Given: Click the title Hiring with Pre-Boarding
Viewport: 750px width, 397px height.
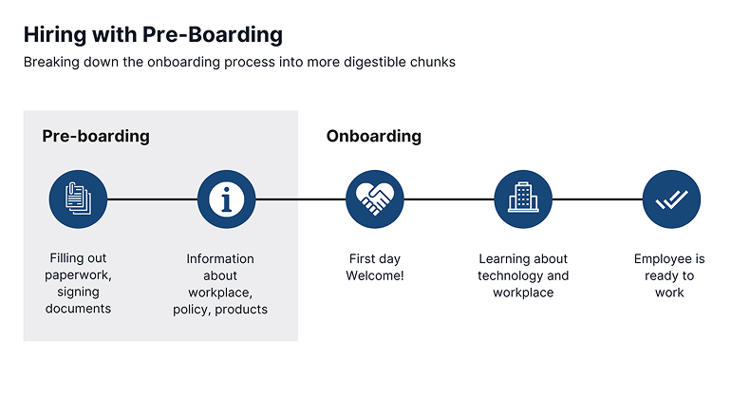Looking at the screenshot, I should point(153,35).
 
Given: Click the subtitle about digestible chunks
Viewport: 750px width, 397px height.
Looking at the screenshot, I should point(240,63).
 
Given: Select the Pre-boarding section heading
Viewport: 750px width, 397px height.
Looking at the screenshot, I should point(96,136).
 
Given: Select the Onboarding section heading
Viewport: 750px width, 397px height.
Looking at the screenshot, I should point(373,136).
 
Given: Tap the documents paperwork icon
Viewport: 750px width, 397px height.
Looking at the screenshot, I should point(78,199).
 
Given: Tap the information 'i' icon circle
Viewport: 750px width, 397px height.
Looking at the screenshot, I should point(226,199).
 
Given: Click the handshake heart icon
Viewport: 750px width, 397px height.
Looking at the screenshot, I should point(375,199).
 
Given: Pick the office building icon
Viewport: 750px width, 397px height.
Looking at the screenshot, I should point(523,199).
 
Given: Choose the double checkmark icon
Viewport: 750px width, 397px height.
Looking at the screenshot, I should point(671,199).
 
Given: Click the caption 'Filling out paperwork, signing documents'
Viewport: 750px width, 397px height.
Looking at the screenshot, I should point(81,283).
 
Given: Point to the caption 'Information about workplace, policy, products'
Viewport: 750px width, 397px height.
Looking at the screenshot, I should point(220,283).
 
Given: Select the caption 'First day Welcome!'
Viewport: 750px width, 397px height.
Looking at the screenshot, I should point(375,267).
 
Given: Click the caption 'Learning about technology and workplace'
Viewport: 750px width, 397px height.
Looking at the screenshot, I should point(523,275).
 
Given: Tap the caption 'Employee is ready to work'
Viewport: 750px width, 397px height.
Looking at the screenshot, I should point(669,275).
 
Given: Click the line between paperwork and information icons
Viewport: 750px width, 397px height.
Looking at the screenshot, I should point(152,199).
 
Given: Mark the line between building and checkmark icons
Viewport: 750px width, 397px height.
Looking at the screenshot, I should point(597,199).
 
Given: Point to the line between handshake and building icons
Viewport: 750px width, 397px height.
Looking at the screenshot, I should point(449,199).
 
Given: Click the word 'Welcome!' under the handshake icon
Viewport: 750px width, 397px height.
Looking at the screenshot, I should point(375,275).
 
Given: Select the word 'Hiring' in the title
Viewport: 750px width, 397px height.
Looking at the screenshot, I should point(53,35).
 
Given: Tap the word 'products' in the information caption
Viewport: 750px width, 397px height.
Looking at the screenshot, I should point(243,309).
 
